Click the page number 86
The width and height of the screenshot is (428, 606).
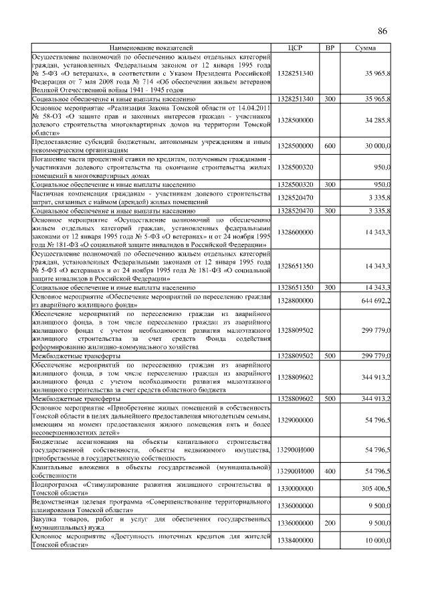click(x=383, y=31)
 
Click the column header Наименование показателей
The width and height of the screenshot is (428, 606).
click(x=151, y=48)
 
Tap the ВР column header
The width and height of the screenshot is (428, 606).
click(x=330, y=48)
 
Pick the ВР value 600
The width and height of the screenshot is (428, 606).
click(x=330, y=145)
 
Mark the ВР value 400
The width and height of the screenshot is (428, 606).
click(x=330, y=472)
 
